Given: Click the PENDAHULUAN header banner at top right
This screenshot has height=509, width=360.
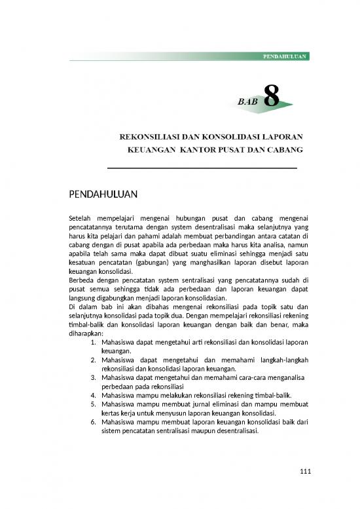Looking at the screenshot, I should tap(284, 57).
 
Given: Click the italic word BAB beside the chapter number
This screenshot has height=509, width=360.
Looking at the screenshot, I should tap(247, 102).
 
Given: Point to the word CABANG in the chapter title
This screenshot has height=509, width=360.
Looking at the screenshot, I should tap(285, 150).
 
